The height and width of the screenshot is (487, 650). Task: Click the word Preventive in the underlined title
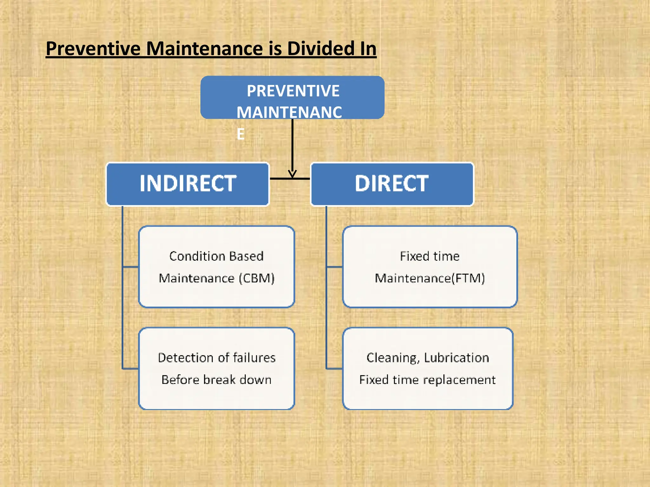(x=93, y=49)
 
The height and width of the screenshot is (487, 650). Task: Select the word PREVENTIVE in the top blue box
(x=293, y=91)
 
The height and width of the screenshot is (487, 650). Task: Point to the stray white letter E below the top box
(x=241, y=134)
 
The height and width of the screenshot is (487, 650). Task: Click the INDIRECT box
(x=188, y=184)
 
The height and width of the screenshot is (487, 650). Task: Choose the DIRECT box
(x=392, y=184)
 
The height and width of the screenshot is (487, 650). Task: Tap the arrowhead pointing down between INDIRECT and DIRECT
(x=292, y=174)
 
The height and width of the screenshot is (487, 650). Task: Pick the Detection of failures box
(x=216, y=368)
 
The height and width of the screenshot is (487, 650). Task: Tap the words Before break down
(x=216, y=380)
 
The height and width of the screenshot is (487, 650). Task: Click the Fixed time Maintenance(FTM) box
(x=430, y=267)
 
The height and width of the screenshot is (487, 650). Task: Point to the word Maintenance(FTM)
(x=430, y=278)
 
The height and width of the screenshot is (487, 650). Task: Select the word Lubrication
(x=456, y=358)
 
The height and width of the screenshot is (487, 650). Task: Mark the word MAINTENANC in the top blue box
(x=289, y=113)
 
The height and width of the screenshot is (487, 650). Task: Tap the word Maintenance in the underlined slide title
(x=204, y=49)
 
